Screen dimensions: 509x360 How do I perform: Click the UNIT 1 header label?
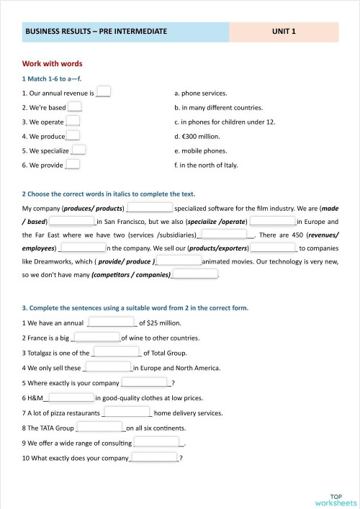pos(284,32)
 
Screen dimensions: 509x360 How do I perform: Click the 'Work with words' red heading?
pos(52,64)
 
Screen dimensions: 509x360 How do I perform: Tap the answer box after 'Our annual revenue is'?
pos(104,92)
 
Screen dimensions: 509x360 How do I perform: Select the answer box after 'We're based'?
pos(75,107)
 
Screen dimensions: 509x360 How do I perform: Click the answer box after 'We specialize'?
pos(78,150)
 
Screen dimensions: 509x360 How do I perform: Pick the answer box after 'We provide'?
pos(72,165)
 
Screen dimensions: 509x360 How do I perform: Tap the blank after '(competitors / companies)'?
pos(195,274)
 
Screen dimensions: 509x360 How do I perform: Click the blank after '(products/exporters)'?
pos(272,248)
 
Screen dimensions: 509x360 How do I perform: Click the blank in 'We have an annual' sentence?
pos(111,323)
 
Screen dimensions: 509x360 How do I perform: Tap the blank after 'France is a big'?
pos(96,337)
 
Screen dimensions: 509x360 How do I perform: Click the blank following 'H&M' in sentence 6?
pos(71,397)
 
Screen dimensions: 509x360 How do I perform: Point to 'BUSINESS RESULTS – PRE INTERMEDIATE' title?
pos(96,32)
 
